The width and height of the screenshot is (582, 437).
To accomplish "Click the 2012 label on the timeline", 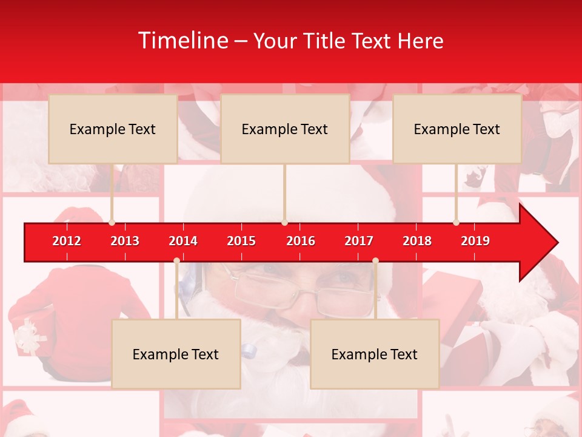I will (x=67, y=241).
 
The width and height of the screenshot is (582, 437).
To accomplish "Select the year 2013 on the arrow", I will (x=125, y=241).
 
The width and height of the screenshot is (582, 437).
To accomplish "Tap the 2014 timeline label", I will (x=183, y=241).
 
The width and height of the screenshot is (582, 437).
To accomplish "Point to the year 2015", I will (x=241, y=241).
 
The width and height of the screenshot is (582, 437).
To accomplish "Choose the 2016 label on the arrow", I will (x=301, y=241).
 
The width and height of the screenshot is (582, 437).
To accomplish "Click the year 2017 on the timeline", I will (x=359, y=241).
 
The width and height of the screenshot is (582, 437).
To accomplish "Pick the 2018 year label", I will (x=417, y=241).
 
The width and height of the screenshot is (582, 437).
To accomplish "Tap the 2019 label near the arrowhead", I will (x=475, y=241).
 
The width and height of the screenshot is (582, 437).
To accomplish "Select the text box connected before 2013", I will (x=113, y=129).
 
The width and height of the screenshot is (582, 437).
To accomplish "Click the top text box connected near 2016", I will (x=285, y=129).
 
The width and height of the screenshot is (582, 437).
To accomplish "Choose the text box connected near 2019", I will (x=457, y=129).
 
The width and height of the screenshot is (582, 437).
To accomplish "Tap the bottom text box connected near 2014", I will (x=176, y=354).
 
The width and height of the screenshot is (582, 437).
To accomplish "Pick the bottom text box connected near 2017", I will (x=375, y=354).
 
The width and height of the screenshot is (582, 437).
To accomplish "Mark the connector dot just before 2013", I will (x=112, y=223).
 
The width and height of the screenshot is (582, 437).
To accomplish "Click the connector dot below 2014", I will (x=176, y=261).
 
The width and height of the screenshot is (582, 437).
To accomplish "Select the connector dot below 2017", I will (x=375, y=261).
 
